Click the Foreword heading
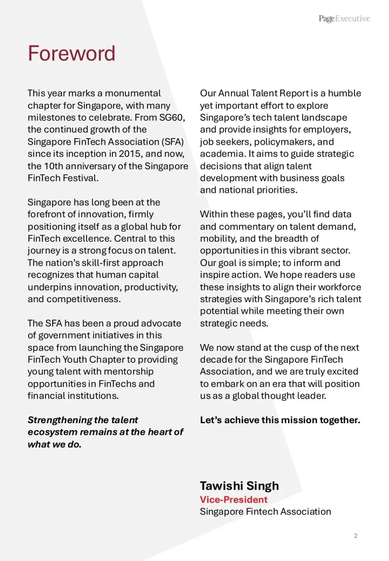pos(72,54)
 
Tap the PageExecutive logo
pos(344,19)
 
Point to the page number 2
pos(356,536)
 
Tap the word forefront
pos(51,214)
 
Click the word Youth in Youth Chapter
pos(75,360)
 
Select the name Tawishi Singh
pos(239,486)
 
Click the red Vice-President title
pos(233,499)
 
